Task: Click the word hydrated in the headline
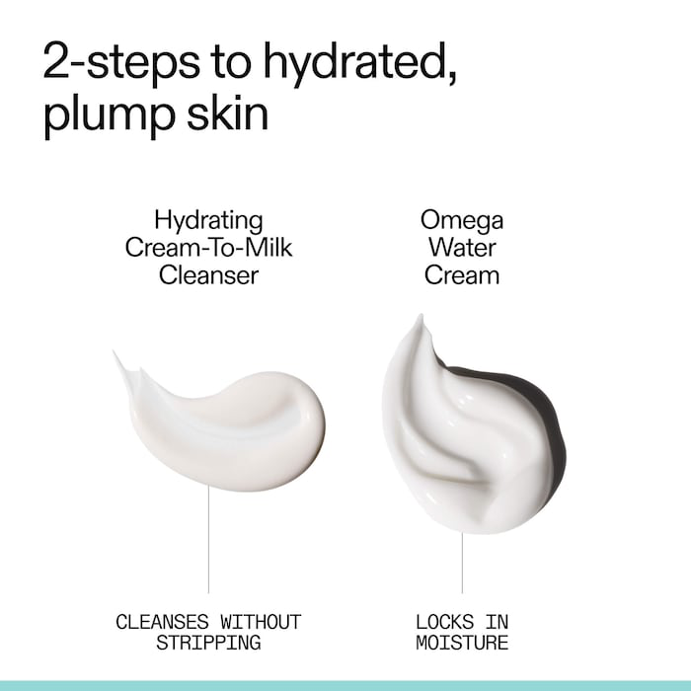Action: pyautogui.click(x=359, y=61)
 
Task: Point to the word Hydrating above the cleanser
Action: pyautogui.click(x=208, y=221)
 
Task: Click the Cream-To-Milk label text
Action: pyautogui.click(x=208, y=247)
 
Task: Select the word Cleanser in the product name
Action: pyautogui.click(x=208, y=275)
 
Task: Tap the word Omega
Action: pyautogui.click(x=462, y=221)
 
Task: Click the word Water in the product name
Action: pyautogui.click(x=462, y=247)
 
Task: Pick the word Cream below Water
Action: pyautogui.click(x=462, y=275)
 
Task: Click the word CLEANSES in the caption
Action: pyautogui.click(x=162, y=622)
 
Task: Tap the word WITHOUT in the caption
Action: pyautogui.click(x=261, y=622)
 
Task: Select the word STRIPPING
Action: pyautogui.click(x=208, y=643)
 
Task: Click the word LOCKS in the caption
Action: pyautogui.click(x=444, y=622)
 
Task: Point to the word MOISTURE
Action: pyautogui.click(x=462, y=643)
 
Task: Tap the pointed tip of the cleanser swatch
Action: pyautogui.click(x=114, y=351)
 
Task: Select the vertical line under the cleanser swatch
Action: pyautogui.click(x=208, y=539)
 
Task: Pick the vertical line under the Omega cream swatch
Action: pyautogui.click(x=462, y=563)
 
